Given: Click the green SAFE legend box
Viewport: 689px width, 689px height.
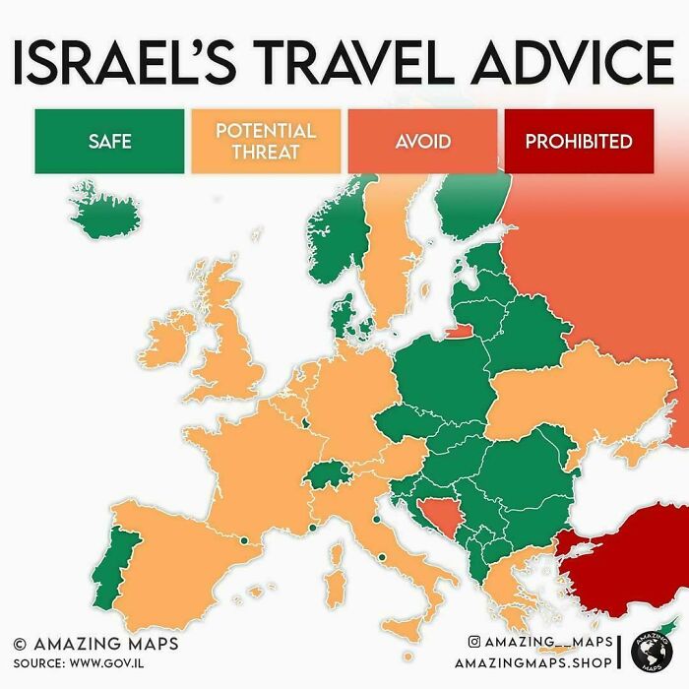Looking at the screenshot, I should point(109,141).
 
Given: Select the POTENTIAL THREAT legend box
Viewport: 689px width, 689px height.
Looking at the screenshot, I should point(265,141).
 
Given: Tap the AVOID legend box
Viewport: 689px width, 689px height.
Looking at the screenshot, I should point(422,141).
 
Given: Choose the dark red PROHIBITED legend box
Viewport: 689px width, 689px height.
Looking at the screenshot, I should point(579,141).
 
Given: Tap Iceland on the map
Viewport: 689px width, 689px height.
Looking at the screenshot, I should point(106,212).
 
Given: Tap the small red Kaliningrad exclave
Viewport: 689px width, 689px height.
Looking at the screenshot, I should point(457,331).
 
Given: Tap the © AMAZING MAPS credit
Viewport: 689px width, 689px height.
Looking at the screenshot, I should point(95,644).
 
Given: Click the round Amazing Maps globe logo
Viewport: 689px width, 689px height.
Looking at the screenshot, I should point(655,654).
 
